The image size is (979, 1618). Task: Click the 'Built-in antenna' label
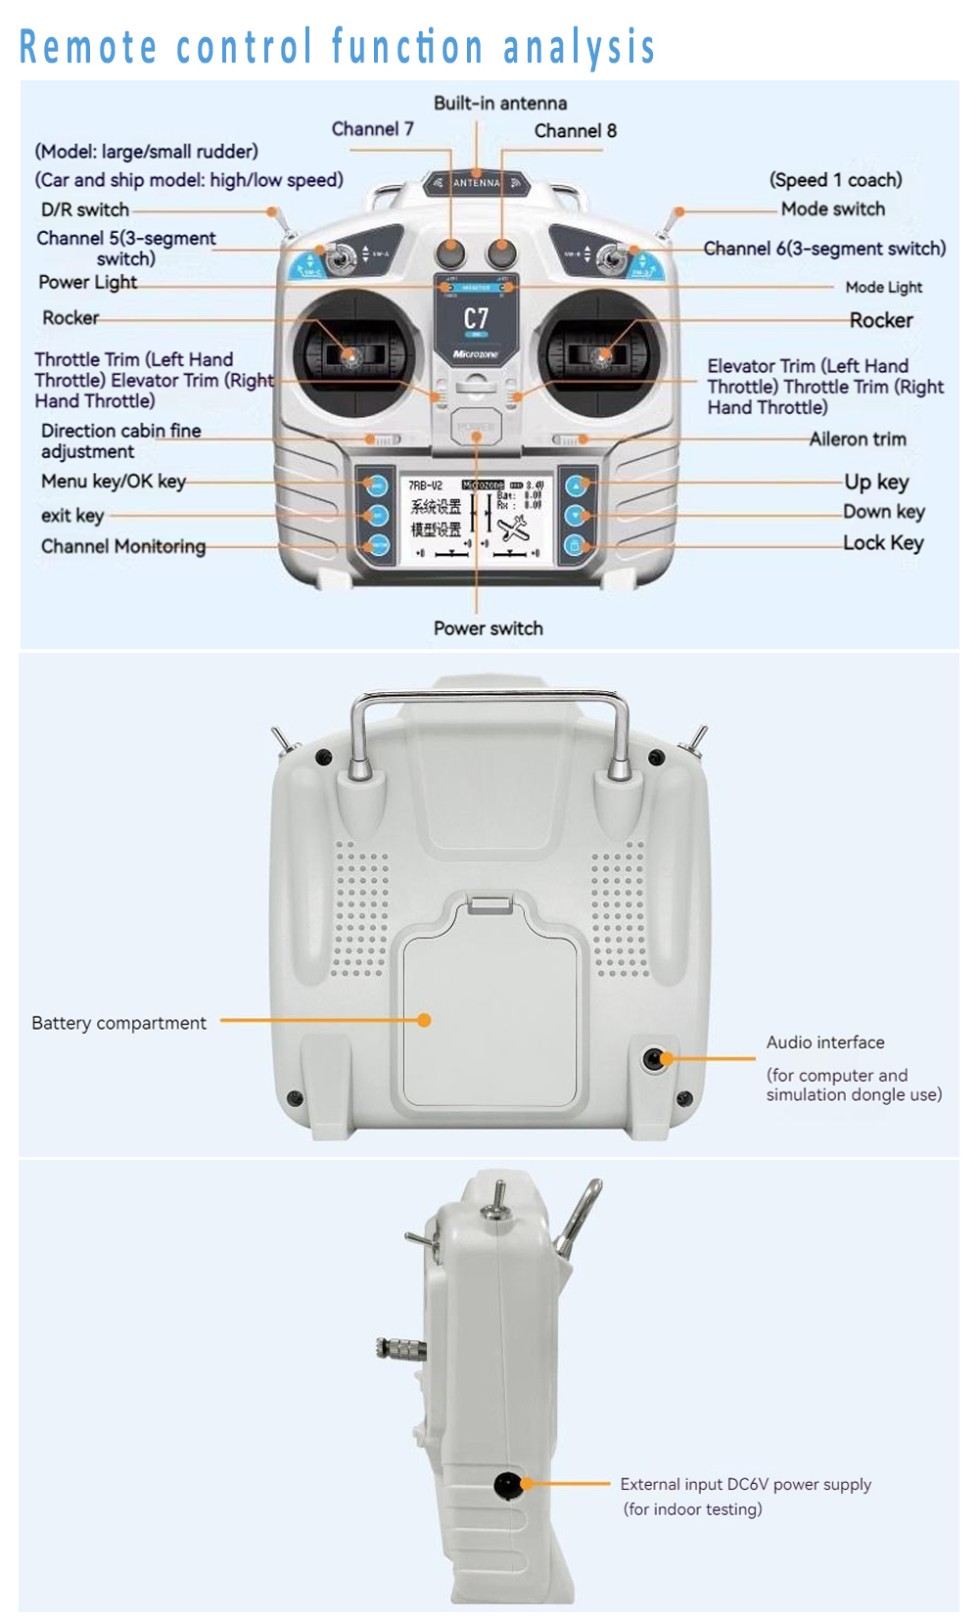499,104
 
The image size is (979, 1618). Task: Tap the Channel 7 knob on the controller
449,254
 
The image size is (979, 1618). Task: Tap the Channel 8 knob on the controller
501,254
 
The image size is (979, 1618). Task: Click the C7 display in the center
475,319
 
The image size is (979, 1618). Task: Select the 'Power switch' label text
488,628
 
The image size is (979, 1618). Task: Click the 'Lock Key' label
883,543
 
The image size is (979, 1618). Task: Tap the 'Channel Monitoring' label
123,546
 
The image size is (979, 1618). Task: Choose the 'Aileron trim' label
857,439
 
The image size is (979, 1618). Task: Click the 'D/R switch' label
85,209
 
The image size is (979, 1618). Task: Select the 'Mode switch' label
832,208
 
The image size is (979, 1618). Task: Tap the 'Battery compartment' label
118,1023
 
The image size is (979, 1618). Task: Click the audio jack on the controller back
654,1059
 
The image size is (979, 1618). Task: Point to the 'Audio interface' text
824,1042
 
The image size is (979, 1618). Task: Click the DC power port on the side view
507,1485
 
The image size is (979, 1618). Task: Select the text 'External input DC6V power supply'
745,1484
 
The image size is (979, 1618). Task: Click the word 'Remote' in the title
88,47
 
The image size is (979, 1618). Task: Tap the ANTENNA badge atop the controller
476,183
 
